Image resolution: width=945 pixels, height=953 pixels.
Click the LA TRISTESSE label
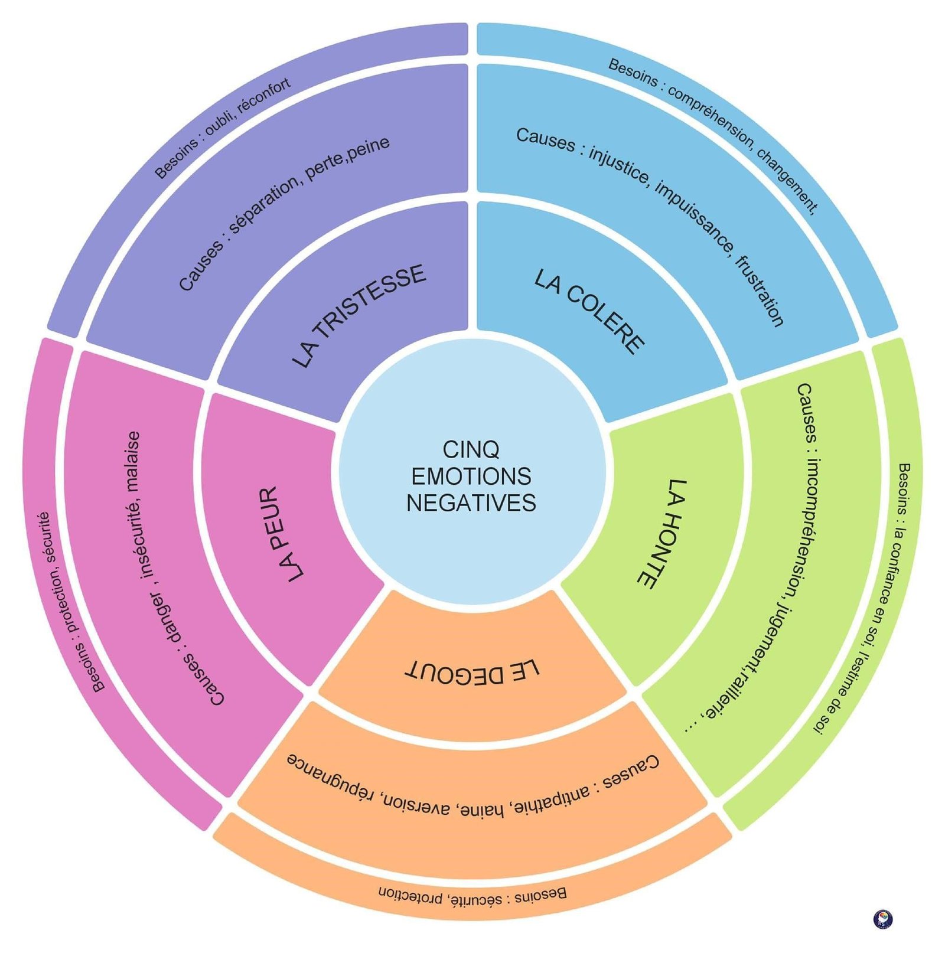[x=359, y=315]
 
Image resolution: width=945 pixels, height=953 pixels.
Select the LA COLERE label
[x=589, y=311]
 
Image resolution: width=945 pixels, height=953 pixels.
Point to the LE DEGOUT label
[x=472, y=671]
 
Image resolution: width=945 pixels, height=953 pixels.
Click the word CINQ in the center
[x=471, y=449]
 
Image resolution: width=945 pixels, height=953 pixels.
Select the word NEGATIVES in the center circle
[x=471, y=503]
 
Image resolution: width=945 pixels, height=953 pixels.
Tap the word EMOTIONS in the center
[x=471, y=476]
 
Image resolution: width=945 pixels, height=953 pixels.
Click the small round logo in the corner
[x=882, y=919]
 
